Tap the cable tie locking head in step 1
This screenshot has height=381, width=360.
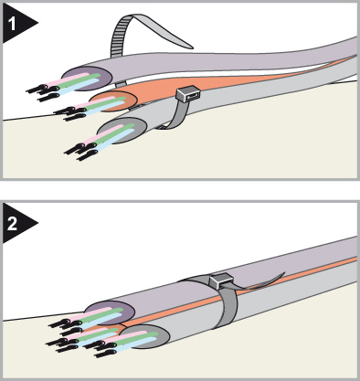[188, 94]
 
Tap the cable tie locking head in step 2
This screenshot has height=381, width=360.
[221, 280]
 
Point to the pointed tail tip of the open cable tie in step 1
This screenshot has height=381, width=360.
[193, 48]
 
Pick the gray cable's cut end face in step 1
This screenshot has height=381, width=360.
[122, 131]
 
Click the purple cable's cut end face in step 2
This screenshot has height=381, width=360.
[110, 312]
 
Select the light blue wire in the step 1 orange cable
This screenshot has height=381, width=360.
[101, 108]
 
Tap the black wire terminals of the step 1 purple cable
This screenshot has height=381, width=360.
[43, 92]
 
